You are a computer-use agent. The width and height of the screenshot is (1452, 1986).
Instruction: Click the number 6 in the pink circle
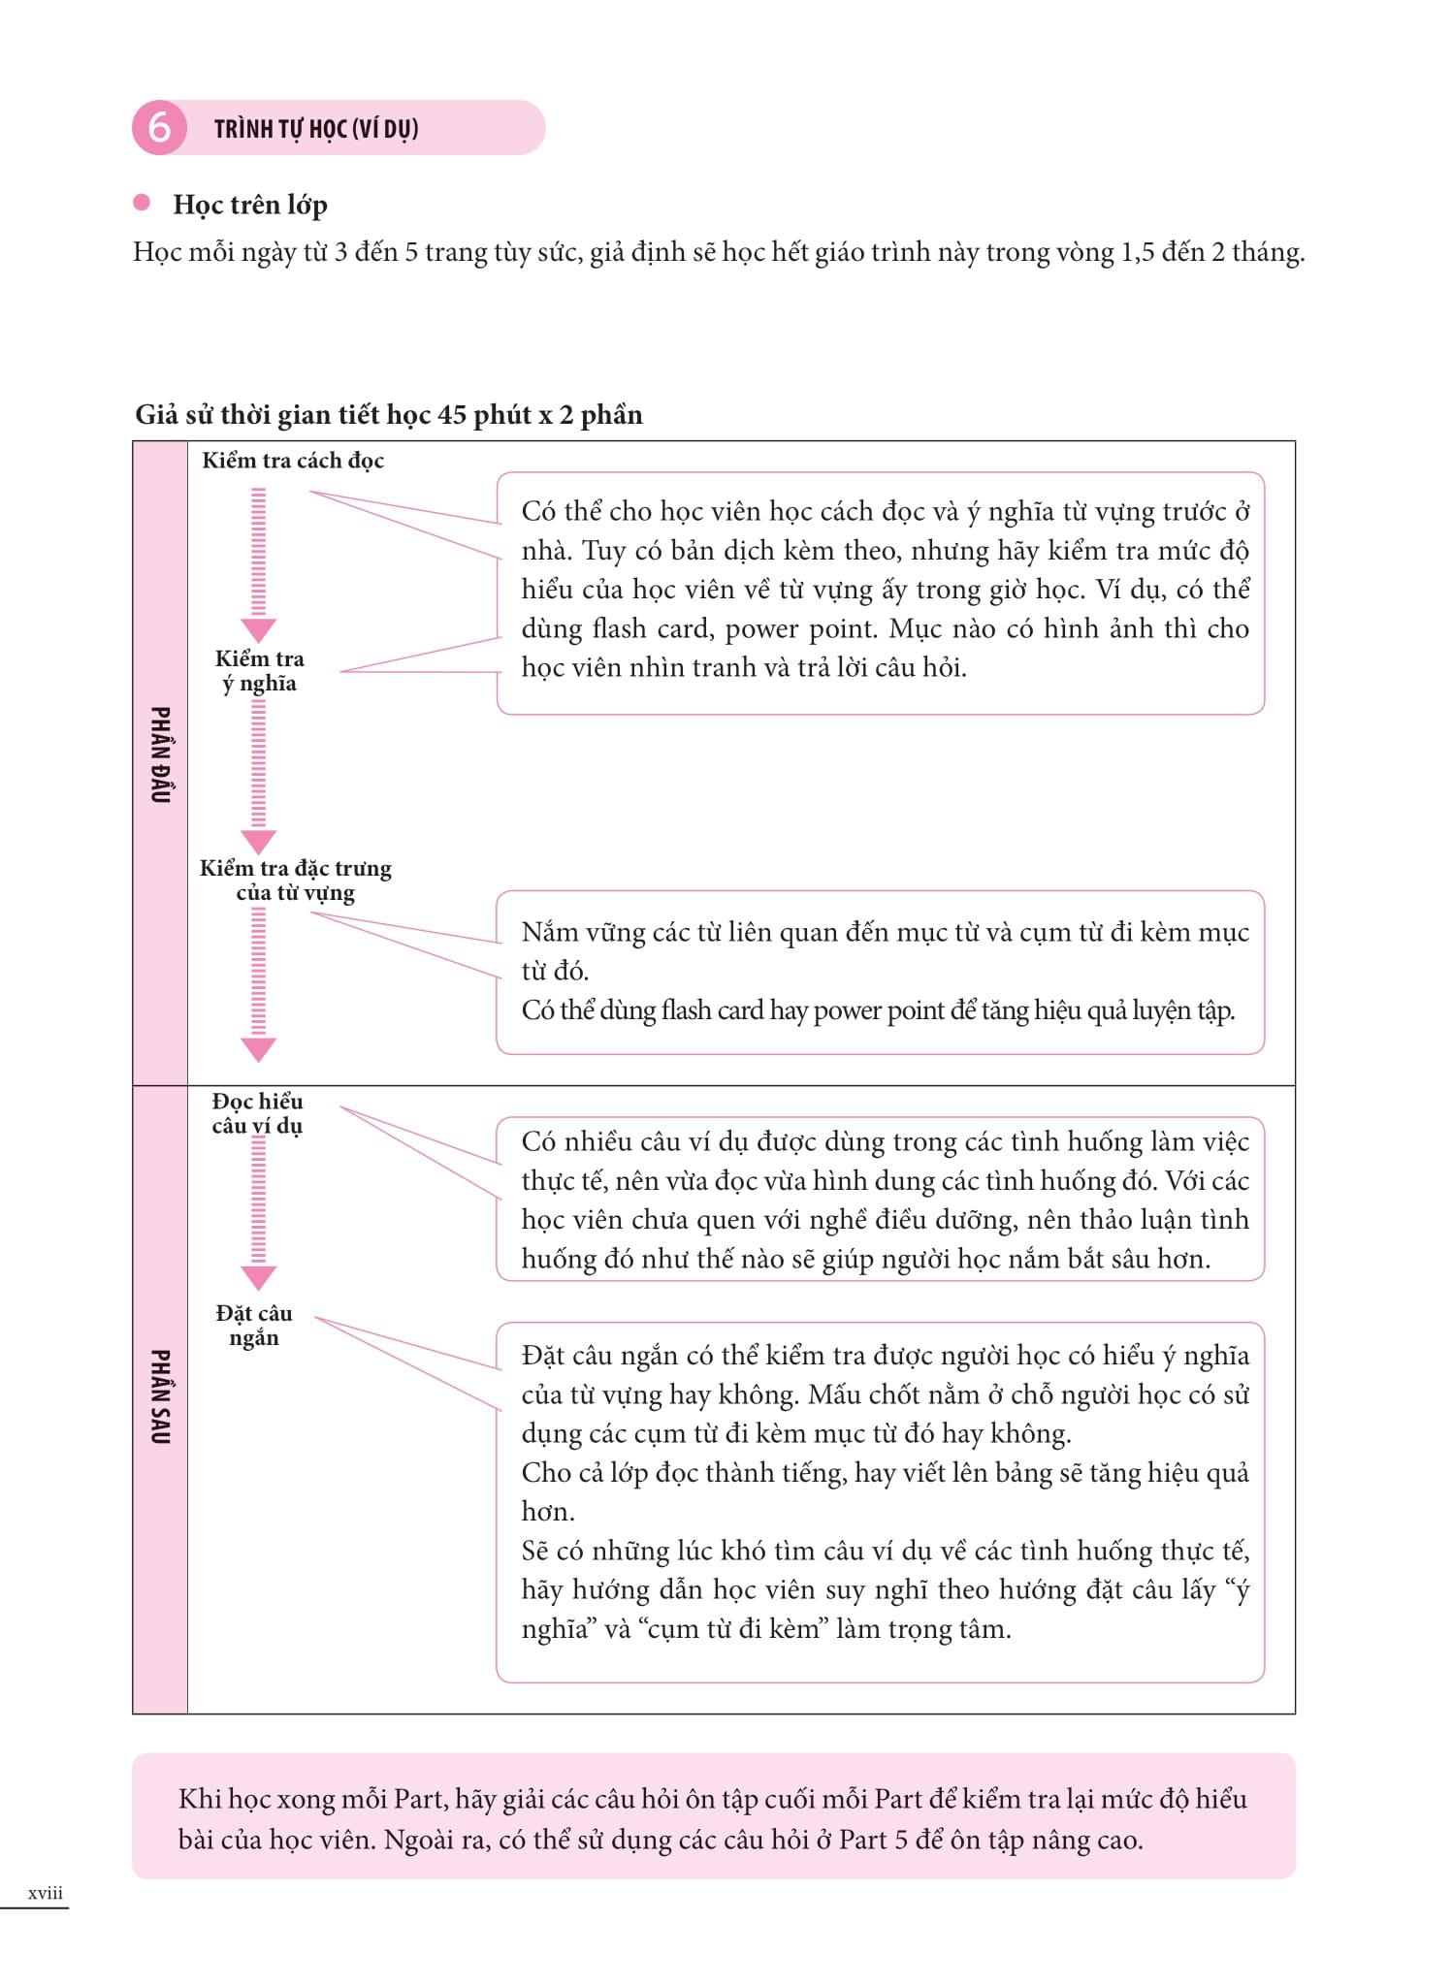coord(159,128)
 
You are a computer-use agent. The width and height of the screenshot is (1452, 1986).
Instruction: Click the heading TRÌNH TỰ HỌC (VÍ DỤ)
coord(316,129)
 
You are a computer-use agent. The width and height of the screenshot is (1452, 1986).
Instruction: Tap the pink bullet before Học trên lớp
coord(142,203)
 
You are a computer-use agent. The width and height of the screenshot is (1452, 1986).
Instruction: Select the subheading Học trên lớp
coord(250,205)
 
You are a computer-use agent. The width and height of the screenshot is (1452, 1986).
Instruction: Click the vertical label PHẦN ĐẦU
coord(160,754)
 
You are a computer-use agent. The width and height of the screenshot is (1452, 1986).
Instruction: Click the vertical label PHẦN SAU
coord(160,1396)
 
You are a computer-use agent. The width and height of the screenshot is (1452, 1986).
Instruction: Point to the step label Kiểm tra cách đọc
coord(292,461)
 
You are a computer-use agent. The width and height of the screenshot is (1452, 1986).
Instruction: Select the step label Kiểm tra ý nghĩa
coord(259,671)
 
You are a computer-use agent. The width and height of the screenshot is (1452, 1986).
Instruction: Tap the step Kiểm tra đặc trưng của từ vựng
coord(296,881)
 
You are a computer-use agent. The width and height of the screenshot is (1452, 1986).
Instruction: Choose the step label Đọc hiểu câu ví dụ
coord(257,1113)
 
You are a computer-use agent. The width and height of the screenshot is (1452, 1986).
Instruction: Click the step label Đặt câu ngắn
coord(254,1326)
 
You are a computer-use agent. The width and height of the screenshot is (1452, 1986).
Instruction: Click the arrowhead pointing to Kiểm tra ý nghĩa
coord(258,630)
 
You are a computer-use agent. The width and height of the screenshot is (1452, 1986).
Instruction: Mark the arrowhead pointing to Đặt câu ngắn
coord(258,1277)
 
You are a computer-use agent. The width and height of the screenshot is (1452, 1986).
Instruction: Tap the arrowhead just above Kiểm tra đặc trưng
coord(258,841)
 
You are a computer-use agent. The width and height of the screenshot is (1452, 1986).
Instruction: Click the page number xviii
coord(46,1892)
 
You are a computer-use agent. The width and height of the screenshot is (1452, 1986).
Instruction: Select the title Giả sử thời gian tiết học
coord(388,415)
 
